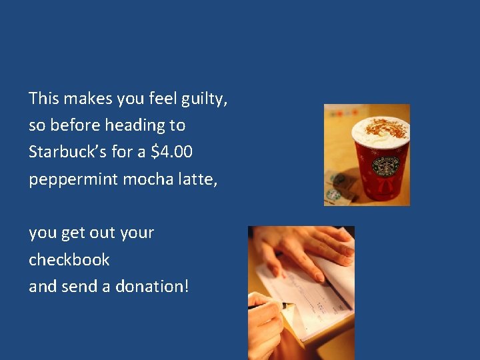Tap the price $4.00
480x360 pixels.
pyautogui.click(x=172, y=152)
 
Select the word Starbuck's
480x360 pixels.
pyautogui.click(x=68, y=152)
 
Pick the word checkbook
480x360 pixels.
pyautogui.click(x=69, y=259)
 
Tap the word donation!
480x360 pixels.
pyautogui.click(x=152, y=286)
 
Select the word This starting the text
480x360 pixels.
pyautogui.click(x=45, y=99)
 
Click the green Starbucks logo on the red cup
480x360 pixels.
pyautogui.click(x=385, y=166)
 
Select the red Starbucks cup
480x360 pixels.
pyautogui.click(x=381, y=161)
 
